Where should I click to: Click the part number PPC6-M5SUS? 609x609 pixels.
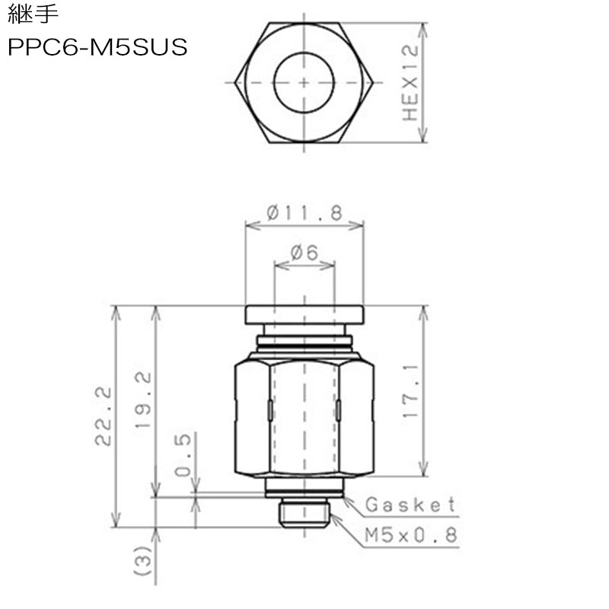97,47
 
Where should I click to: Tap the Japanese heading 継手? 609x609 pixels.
33,14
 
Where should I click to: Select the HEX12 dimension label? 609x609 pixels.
410,83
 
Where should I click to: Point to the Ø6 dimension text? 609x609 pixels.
304,253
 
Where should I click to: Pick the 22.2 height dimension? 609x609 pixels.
104,416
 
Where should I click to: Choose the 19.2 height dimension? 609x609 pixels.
143,400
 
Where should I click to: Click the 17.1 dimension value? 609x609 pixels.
410,391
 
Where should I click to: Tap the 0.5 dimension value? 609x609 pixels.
183,454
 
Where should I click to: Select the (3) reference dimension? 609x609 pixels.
142,560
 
